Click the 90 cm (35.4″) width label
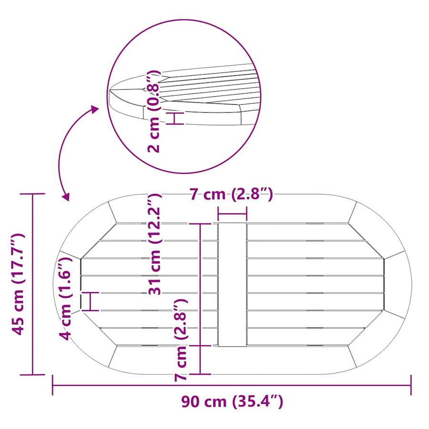click(x=232, y=402)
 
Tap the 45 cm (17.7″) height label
click(x=18, y=284)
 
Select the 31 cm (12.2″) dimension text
click(x=155, y=244)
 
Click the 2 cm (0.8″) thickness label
click(x=153, y=111)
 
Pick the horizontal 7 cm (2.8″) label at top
click(x=232, y=195)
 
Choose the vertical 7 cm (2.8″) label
click(x=181, y=340)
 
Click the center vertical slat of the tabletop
click(x=232, y=285)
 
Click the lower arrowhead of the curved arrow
click(x=66, y=197)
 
